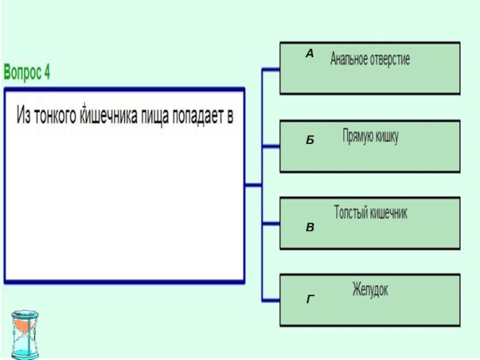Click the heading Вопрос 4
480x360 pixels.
(28, 73)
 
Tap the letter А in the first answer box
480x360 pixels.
(310, 54)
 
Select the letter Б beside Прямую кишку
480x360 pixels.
(310, 140)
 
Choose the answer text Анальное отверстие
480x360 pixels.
(370, 60)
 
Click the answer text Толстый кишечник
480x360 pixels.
(370, 213)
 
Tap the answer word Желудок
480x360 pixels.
(370, 290)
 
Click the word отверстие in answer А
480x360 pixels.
(389, 60)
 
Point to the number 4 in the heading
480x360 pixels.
(47, 73)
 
